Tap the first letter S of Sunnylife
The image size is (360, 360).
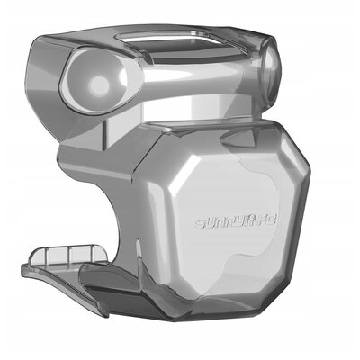point(201,221)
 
